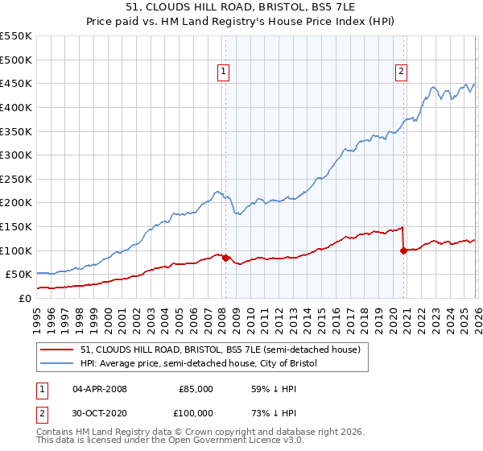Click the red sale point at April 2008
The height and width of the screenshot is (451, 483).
click(225, 259)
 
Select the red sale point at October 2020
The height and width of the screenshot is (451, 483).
click(403, 251)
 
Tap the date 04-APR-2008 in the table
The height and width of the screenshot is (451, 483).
click(100, 389)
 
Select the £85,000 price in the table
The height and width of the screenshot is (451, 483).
click(196, 389)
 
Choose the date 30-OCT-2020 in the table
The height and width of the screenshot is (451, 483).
click(100, 413)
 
